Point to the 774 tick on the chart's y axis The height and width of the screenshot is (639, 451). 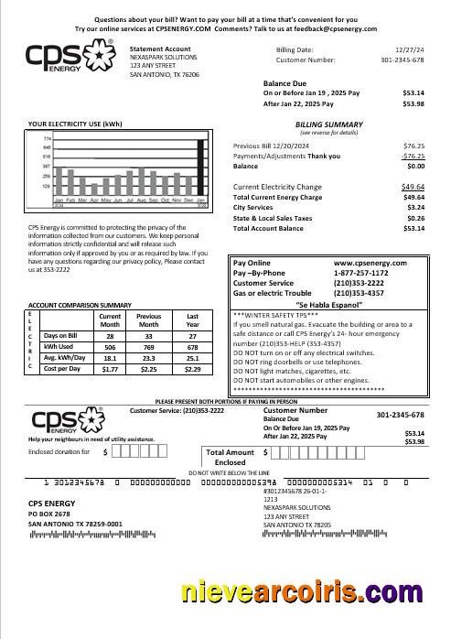[x=47, y=138]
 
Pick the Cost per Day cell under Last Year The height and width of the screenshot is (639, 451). [x=192, y=369]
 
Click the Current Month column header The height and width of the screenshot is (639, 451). [x=109, y=319]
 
